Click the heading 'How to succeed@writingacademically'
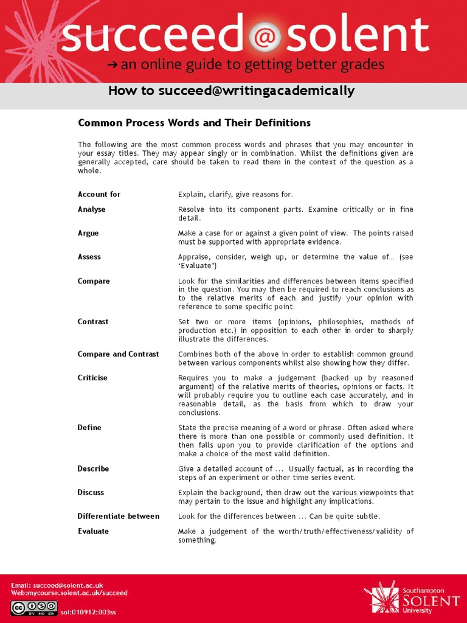(231, 91)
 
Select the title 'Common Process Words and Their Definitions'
(194, 123)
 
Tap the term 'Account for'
(99, 195)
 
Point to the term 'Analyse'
(91, 209)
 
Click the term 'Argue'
(88, 233)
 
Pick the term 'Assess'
(89, 257)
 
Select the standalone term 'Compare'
(94, 281)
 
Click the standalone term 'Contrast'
(93, 322)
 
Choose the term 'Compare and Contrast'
(118, 354)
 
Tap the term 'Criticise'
(92, 378)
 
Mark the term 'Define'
(89, 428)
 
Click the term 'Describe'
(93, 469)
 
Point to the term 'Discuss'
(91, 493)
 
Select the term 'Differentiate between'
(118, 517)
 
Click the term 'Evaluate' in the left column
(93, 531)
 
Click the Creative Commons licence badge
(34, 607)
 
